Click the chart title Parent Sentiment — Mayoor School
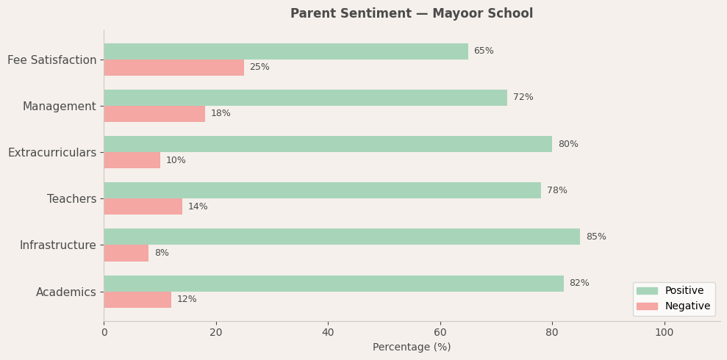[x=411, y=14]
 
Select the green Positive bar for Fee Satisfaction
[x=285, y=51]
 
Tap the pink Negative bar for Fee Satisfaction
[x=173, y=68]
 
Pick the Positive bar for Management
[x=305, y=98]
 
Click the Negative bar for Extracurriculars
[x=132, y=160]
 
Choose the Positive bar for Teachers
[x=322, y=190]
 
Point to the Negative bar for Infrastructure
[x=126, y=253]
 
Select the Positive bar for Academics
[x=333, y=284]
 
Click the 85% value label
[x=595, y=237]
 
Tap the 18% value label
[x=221, y=114]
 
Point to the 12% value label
[x=187, y=300]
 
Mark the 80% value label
[x=567, y=145]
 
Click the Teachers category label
[x=71, y=199]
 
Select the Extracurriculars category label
[x=52, y=153]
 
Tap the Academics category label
[x=66, y=292]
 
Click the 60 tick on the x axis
[x=440, y=333]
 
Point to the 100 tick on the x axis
[x=664, y=333]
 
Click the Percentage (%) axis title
[x=412, y=348]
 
